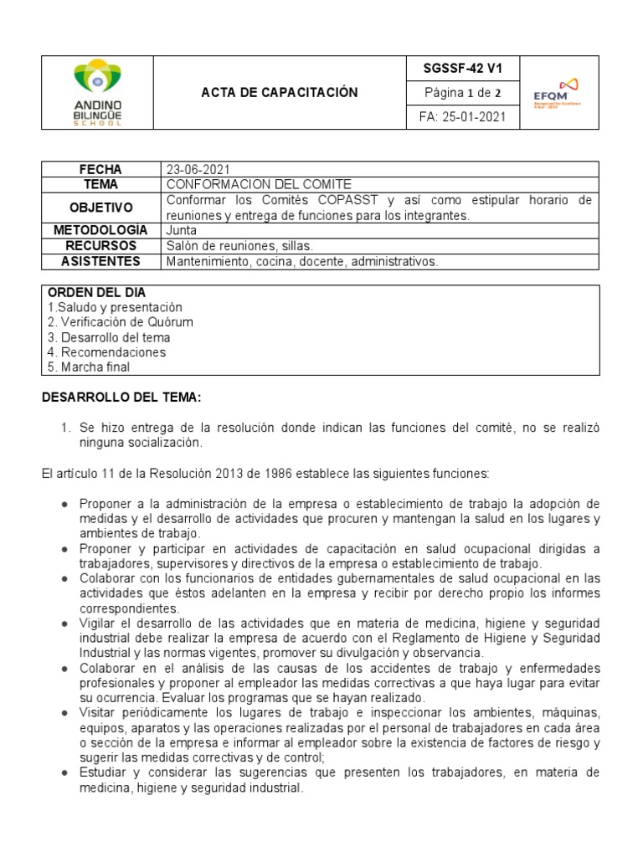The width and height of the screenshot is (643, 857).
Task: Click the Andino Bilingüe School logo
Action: (98, 92)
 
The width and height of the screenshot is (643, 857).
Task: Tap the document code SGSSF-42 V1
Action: (463, 69)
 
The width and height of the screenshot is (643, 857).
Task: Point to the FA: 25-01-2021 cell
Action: (463, 117)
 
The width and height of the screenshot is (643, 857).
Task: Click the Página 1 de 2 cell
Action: (463, 92)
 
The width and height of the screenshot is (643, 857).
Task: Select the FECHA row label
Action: (100, 170)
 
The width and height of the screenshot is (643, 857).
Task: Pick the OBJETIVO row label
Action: (100, 207)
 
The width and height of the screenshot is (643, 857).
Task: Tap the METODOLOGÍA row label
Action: (100, 230)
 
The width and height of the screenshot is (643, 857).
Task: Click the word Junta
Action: (182, 230)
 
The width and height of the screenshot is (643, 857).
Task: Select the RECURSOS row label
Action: (100, 246)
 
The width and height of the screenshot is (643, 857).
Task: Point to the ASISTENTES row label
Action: (100, 262)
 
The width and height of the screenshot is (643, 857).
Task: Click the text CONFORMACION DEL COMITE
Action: (248, 184)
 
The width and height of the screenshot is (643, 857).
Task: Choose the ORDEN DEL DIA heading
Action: (96, 293)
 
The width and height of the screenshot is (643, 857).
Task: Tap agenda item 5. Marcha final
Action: (89, 367)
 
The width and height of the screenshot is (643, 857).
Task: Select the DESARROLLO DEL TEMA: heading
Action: (122, 397)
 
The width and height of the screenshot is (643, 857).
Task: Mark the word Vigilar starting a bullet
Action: (99, 624)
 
